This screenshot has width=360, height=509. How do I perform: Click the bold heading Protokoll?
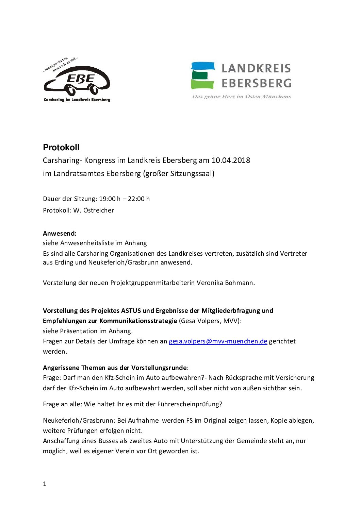coord(61,148)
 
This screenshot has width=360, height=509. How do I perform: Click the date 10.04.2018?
coord(231,160)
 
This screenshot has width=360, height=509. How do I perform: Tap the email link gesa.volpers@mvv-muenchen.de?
coord(218,341)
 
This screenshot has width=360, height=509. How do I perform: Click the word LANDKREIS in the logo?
coord(256,68)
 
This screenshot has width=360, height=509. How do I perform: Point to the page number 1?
coord(45,484)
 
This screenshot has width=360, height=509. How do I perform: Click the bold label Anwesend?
coord(60,234)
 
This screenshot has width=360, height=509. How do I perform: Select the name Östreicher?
coord(99,210)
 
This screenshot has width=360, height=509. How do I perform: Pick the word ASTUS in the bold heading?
coord(131,311)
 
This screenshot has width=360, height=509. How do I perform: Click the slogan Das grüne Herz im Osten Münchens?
coord(241,97)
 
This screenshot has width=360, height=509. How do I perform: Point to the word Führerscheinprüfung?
coord(190,404)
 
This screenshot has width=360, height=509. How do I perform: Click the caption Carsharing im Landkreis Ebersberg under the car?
coord(77,100)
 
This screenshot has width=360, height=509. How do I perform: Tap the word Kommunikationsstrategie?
coord(138,321)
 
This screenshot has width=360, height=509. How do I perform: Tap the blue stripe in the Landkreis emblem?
coord(203,66)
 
